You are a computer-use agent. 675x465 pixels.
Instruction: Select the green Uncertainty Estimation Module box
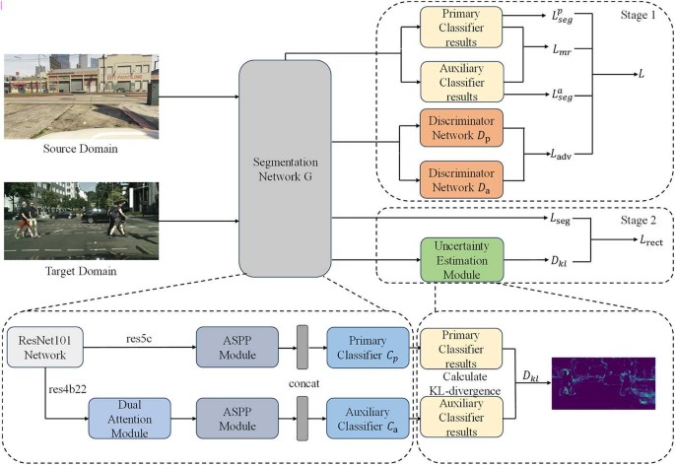tap(461, 261)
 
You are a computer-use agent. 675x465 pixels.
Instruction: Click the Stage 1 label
tap(633, 17)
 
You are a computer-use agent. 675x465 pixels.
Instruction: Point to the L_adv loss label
tap(562, 154)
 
